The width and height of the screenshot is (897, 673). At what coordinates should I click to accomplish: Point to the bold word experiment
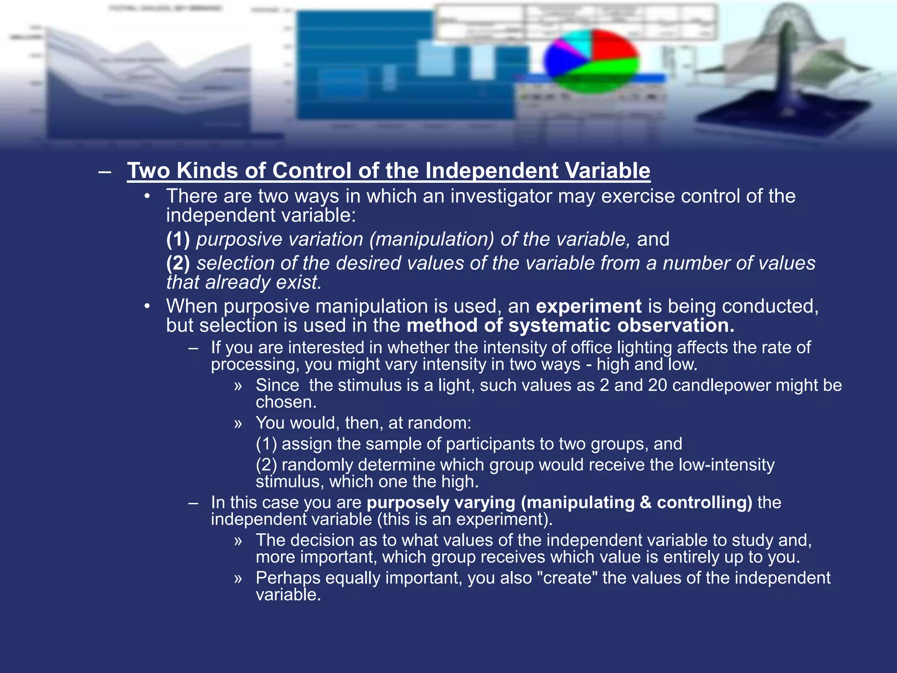point(589,306)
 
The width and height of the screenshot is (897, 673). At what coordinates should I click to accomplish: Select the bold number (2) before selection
point(178,263)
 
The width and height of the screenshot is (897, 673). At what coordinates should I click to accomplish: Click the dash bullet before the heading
point(105,171)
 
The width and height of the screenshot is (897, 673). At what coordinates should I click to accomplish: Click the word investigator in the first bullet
point(501,196)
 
